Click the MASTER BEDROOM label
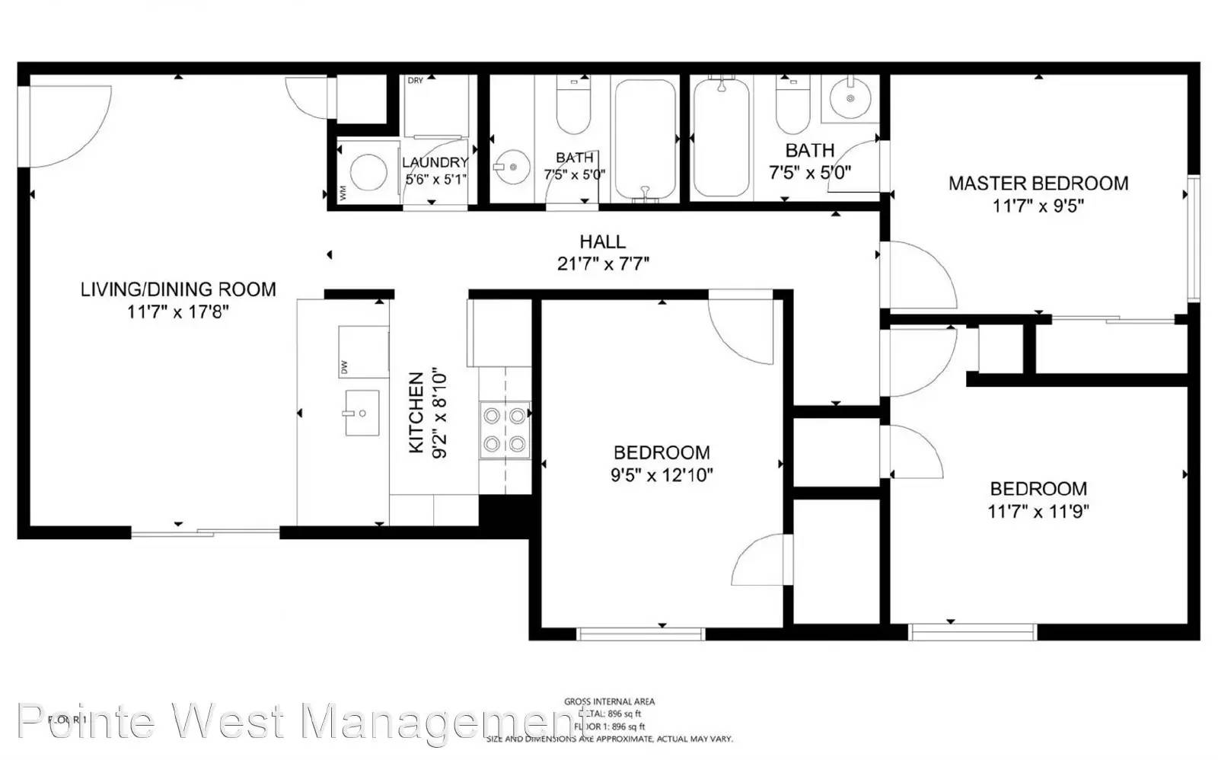click(x=1038, y=184)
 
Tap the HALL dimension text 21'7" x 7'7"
click(x=603, y=264)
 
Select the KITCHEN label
click(x=416, y=412)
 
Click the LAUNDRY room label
click(x=435, y=162)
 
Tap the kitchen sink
click(x=362, y=413)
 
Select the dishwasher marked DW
click(x=363, y=351)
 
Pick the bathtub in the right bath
click(x=719, y=137)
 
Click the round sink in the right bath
click(x=850, y=97)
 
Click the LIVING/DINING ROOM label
click(x=178, y=289)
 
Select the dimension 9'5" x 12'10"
click(x=662, y=476)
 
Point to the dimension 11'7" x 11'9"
click(x=1038, y=512)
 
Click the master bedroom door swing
click(x=917, y=274)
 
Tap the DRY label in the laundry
click(x=415, y=81)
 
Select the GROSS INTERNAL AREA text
click(x=609, y=701)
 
